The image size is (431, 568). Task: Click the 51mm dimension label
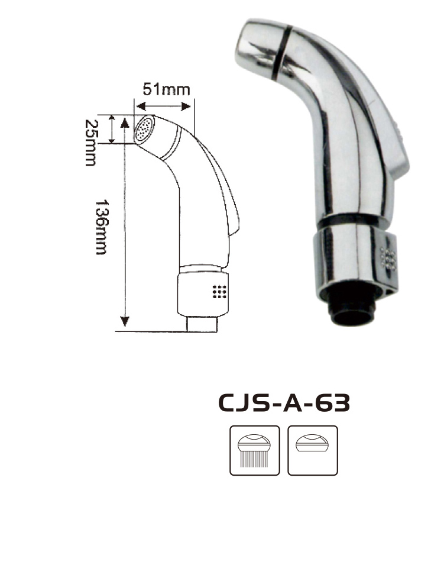click(x=166, y=89)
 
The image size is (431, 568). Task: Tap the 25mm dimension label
click(x=90, y=143)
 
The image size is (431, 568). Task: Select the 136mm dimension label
click(x=101, y=227)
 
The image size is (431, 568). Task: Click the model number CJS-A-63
click(x=284, y=403)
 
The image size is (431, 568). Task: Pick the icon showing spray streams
click(x=255, y=450)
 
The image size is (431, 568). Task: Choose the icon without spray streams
click(x=313, y=450)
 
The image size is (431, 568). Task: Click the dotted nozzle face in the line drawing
click(x=145, y=129)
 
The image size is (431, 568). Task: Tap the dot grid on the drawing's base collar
click(x=220, y=292)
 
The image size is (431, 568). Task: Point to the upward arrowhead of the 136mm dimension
click(x=125, y=122)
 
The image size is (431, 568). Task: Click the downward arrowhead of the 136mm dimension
click(x=125, y=321)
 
